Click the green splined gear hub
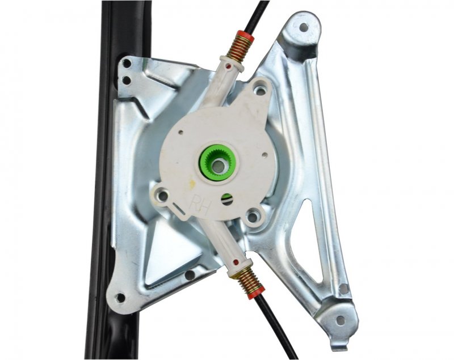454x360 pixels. (x=217, y=163)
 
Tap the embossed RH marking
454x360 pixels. (x=200, y=205)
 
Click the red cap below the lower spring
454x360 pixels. (x=256, y=291)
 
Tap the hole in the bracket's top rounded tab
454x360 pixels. (x=304, y=27)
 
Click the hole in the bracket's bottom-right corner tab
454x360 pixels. (x=341, y=320)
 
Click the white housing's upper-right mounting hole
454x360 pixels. (x=260, y=91)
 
